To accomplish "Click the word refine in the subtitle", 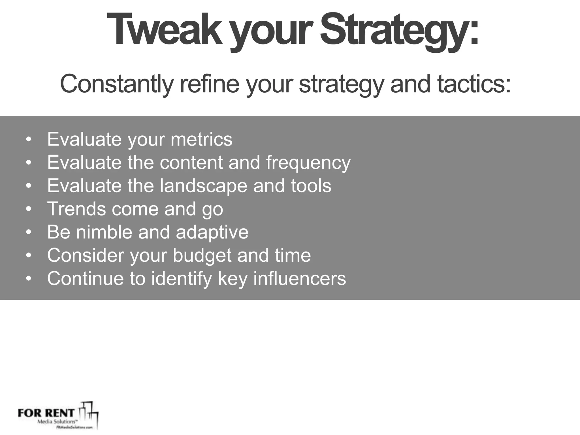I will [210, 84].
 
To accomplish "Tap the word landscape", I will [204, 186].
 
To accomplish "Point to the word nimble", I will [104, 232].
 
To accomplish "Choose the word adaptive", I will [212, 233].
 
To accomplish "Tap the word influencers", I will [300, 279].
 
